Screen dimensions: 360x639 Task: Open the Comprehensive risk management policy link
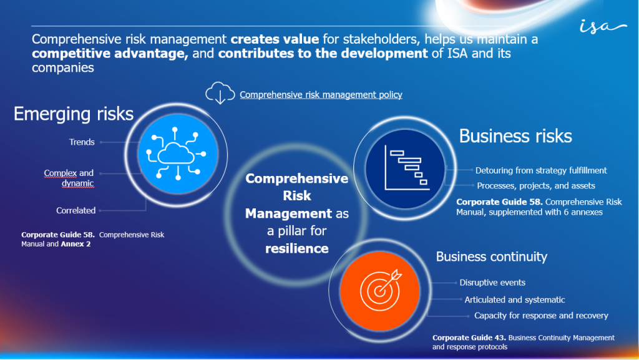point(321,95)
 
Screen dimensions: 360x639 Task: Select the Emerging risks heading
point(74,114)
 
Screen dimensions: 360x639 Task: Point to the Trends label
point(82,142)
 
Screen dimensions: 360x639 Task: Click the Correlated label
point(76,210)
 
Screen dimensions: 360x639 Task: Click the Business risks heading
point(515,135)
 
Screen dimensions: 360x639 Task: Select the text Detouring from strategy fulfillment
point(541,170)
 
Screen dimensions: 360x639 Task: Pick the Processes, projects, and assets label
point(536,185)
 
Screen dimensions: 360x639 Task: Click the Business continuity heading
point(491,256)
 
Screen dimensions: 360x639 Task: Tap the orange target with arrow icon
point(378,290)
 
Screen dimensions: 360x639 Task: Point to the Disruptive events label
point(492,283)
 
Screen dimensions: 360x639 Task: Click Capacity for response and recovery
point(541,316)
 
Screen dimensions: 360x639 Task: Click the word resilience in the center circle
point(296,248)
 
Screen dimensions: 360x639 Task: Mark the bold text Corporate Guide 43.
point(469,338)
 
